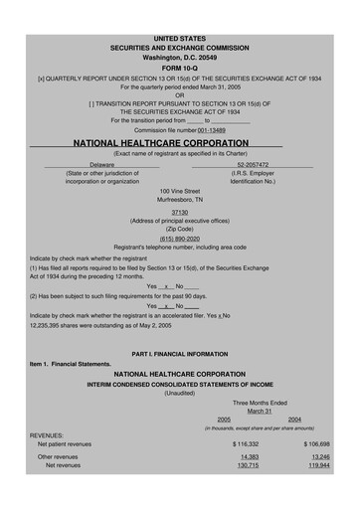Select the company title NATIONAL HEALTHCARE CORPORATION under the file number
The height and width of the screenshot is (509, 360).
[179, 143]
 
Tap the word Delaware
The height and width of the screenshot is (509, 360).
[102, 164]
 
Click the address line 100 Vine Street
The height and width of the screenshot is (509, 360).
[179, 190]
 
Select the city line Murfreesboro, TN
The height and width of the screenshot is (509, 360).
[179, 200]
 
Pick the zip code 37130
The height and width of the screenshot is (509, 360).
[179, 212]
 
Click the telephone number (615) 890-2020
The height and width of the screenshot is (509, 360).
[179, 238]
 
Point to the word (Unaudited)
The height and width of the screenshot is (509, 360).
[179, 392]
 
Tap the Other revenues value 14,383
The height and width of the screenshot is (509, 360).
[250, 456]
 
